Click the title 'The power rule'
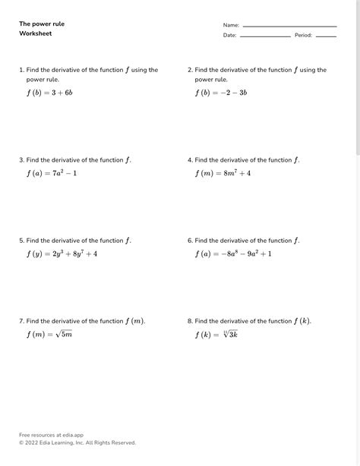[x=42, y=24]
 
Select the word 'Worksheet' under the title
[x=36, y=34]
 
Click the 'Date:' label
[x=229, y=36]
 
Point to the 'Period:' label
[x=303, y=36]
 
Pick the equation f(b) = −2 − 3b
[x=221, y=93]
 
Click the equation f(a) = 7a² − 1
[x=52, y=173]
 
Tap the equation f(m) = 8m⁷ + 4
[x=223, y=173]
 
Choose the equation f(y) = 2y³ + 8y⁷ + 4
[x=62, y=253]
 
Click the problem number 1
[x=21, y=70]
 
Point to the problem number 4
[x=190, y=160]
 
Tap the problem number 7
[x=21, y=321]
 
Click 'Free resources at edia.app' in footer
[x=51, y=435]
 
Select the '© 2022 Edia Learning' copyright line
[x=77, y=442]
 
